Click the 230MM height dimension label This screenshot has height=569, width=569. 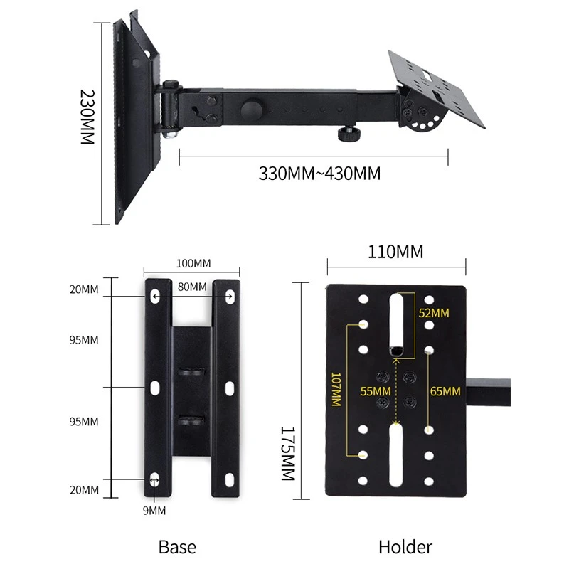pos(87,117)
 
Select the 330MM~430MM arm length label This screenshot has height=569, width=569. pos(319,174)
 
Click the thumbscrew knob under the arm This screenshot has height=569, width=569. pos(349,134)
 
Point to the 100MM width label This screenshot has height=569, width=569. pos(193,263)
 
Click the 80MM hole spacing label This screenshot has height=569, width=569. pos(192,287)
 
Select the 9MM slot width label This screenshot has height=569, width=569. pos(154,511)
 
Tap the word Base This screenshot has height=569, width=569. pos(177,546)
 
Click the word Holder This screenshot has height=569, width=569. pos(405,546)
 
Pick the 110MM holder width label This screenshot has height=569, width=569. pos(395,252)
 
